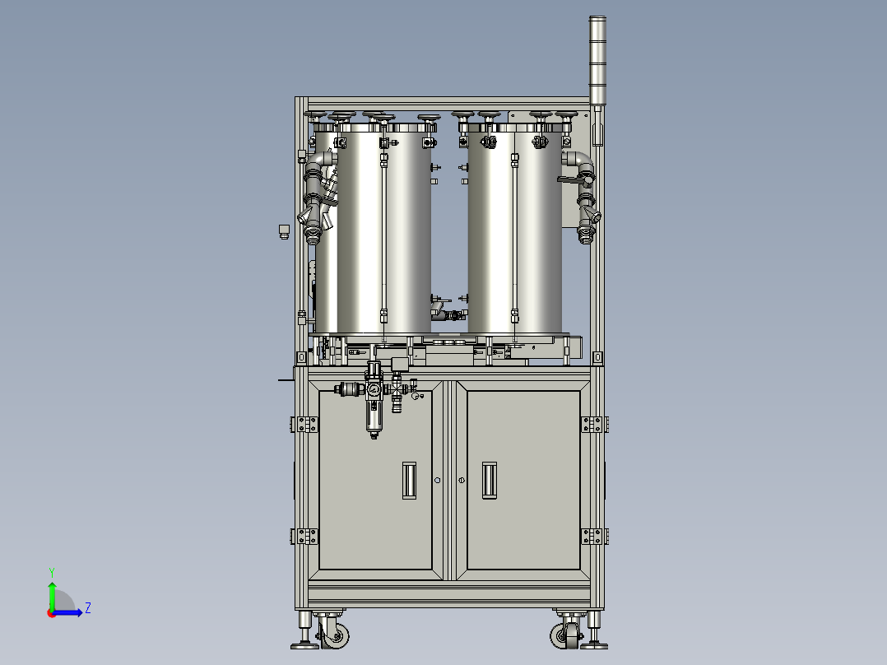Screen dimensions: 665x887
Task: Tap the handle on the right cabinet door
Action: tap(490, 480)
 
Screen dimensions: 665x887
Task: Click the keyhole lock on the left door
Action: tap(438, 481)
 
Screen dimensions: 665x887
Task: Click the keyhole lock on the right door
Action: tap(462, 481)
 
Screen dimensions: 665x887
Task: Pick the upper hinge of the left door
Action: tap(304, 424)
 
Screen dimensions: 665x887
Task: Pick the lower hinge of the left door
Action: tap(304, 536)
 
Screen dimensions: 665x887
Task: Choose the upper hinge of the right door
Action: tap(594, 424)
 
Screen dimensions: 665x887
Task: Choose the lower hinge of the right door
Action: tap(594, 536)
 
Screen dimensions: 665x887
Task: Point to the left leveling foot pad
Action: tap(304, 644)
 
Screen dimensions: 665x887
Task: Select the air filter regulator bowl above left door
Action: tap(374, 421)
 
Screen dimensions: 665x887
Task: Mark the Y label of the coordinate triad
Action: tap(51, 571)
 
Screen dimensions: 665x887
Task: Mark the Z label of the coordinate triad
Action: tap(87, 608)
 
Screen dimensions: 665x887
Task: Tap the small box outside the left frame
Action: tap(282, 230)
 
